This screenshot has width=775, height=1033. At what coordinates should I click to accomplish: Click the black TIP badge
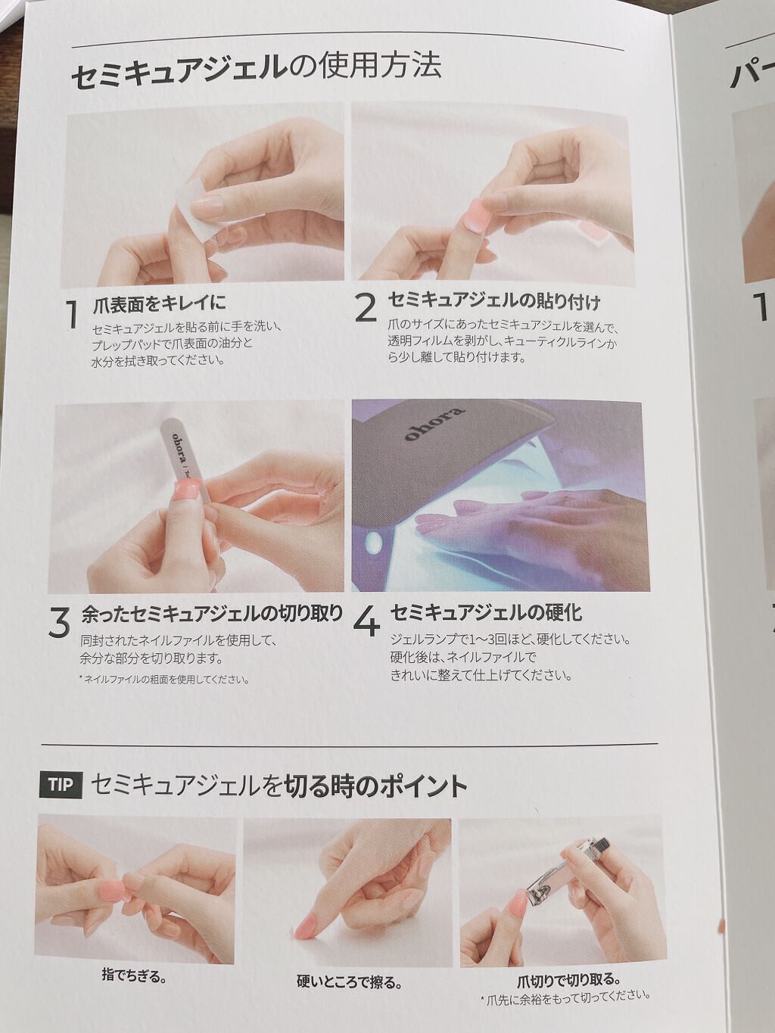[x=61, y=785]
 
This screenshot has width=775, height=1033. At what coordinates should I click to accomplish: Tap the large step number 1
[x=72, y=314]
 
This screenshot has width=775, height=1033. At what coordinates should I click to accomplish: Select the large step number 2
[x=366, y=308]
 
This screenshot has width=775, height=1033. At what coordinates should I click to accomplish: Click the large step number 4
[x=366, y=623]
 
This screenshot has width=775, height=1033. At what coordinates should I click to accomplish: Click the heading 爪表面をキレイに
[x=160, y=302]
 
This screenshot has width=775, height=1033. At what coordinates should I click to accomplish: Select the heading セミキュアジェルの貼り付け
[x=493, y=301]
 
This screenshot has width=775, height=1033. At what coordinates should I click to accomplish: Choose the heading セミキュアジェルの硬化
[x=486, y=612]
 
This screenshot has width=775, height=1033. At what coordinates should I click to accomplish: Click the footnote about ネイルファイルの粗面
[x=163, y=679]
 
